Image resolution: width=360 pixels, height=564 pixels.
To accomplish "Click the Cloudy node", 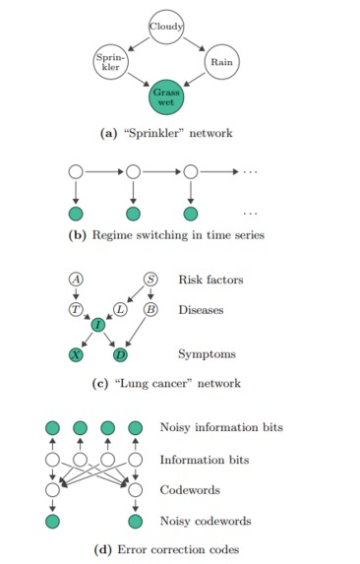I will pyautogui.click(x=166, y=26).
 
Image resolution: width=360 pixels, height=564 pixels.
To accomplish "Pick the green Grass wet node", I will pyautogui.click(x=165, y=96).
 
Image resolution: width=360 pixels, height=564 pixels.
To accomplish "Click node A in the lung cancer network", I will pyautogui.click(x=75, y=280).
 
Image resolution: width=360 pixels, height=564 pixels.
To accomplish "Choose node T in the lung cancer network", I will pyautogui.click(x=75, y=309).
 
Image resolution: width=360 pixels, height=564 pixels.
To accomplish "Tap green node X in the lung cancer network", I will pyautogui.click(x=75, y=353).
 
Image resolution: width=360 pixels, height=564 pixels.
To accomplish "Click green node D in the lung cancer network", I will pyautogui.click(x=120, y=353).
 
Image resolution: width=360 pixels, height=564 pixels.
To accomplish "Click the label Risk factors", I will pyautogui.click(x=210, y=280).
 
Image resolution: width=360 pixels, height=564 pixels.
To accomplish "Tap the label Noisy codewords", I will pyautogui.click(x=208, y=520).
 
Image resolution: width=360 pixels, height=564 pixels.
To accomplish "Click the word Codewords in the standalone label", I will pyautogui.click(x=189, y=489).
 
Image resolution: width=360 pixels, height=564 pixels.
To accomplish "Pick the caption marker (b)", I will pyautogui.click(x=76, y=235).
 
